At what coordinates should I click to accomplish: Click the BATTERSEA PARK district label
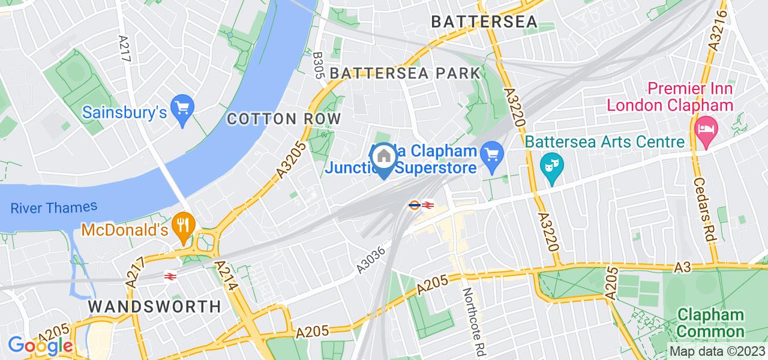pyautogui.click(x=405, y=73)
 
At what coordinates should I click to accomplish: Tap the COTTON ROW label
pyautogui.click(x=284, y=118)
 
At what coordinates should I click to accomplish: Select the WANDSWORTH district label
pyautogui.click(x=154, y=306)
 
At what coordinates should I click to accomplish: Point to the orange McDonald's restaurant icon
pyautogui.click(x=181, y=225)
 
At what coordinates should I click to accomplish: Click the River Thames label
pyautogui.click(x=53, y=208)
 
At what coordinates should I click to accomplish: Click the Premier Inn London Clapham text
pyautogui.click(x=670, y=97)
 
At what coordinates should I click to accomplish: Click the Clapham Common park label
pyautogui.click(x=710, y=323)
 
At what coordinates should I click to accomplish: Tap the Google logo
pyautogui.click(x=40, y=346)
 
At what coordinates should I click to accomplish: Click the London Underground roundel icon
pyautogui.click(x=413, y=205)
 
